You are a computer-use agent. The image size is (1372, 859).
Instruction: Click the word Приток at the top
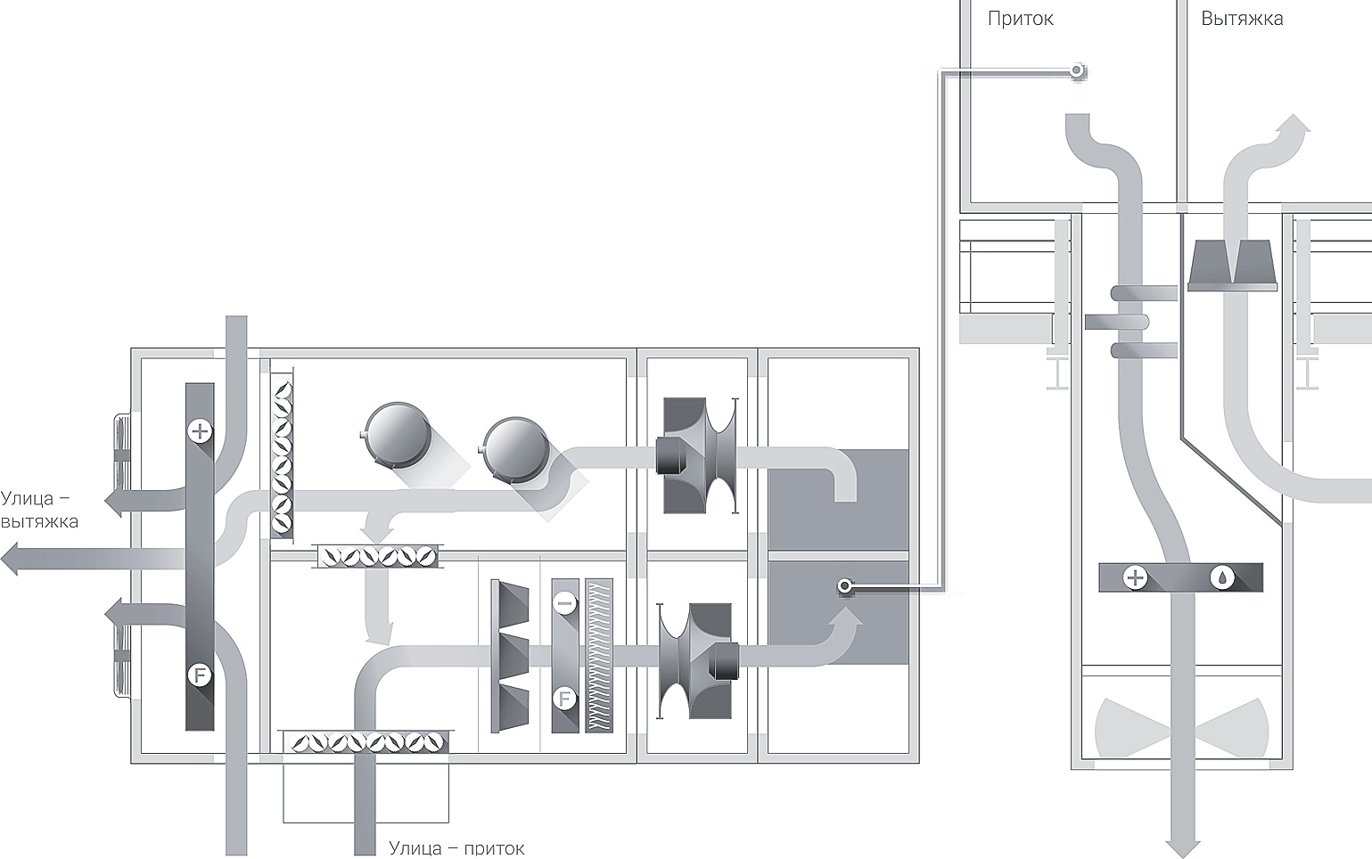1021,20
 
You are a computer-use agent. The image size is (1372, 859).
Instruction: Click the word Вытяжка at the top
1242,19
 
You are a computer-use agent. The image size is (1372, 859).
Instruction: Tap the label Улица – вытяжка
40,510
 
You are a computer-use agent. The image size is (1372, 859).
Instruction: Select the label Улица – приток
456,848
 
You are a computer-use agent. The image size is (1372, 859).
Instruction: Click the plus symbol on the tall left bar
200,431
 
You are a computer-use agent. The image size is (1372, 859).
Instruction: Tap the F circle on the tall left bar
199,676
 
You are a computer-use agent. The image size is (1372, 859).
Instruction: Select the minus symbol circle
564,604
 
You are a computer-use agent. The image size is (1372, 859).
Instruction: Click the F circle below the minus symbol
564,699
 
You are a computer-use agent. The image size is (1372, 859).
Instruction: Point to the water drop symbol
1222,578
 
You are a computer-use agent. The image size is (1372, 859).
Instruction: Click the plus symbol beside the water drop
1135,578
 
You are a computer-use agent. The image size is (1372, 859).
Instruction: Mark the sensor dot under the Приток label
1076,71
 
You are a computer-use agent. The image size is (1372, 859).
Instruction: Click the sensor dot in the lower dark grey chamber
844,586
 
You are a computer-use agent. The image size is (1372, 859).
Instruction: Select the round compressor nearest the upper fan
515,449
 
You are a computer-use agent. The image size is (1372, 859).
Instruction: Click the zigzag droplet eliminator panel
599,655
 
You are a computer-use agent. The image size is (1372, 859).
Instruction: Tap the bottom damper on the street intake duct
366,742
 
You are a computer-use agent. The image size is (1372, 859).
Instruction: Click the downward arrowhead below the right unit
1182,848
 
